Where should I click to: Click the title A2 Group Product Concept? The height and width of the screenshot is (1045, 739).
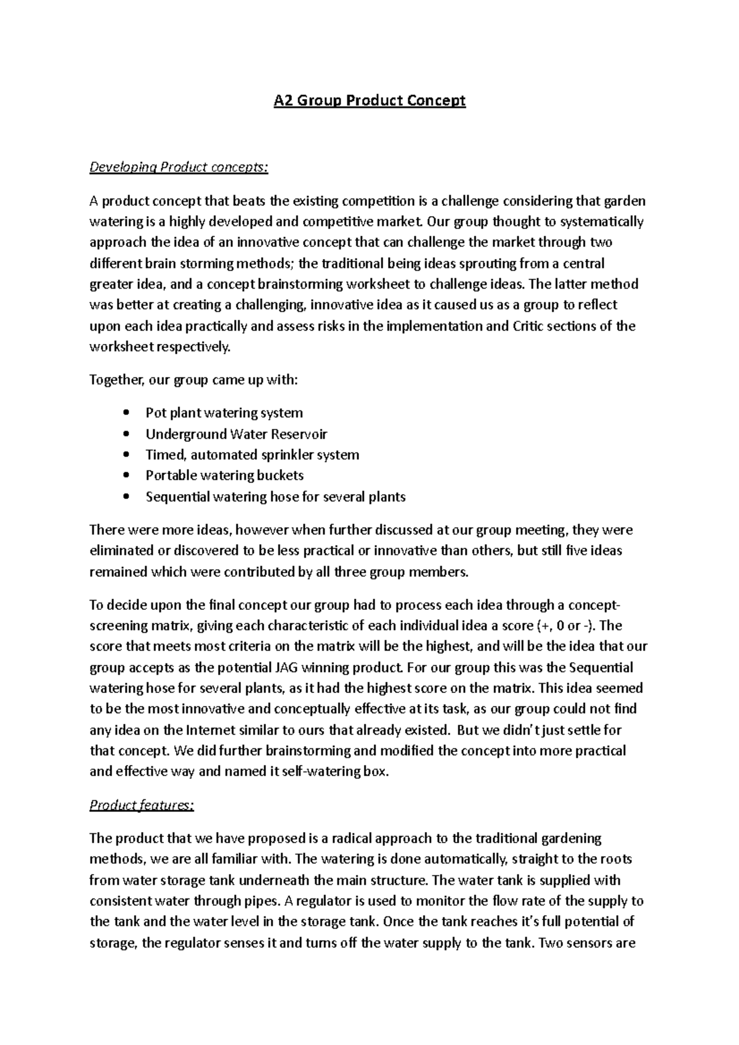[369, 100]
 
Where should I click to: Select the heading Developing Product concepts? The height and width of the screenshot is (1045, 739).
[179, 167]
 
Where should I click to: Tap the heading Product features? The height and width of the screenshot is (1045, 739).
[142, 805]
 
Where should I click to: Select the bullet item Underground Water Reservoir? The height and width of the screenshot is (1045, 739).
[236, 434]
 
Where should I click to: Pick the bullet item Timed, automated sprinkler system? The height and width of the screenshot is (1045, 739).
[252, 455]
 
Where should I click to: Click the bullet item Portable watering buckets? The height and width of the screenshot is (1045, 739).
[224, 475]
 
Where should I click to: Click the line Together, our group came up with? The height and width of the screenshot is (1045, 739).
[193, 380]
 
